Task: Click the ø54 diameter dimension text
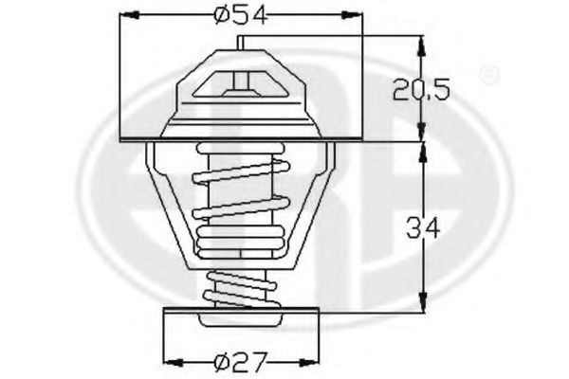pyautogui.click(x=241, y=16)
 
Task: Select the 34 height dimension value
pyautogui.click(x=422, y=227)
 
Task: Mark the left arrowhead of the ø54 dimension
pyautogui.click(x=126, y=16)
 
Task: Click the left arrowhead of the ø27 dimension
pyautogui.click(x=172, y=361)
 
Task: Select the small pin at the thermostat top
pyautogui.click(x=243, y=44)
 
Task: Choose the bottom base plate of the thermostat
pyautogui.click(x=242, y=309)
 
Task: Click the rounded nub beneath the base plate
pyautogui.click(x=242, y=322)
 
